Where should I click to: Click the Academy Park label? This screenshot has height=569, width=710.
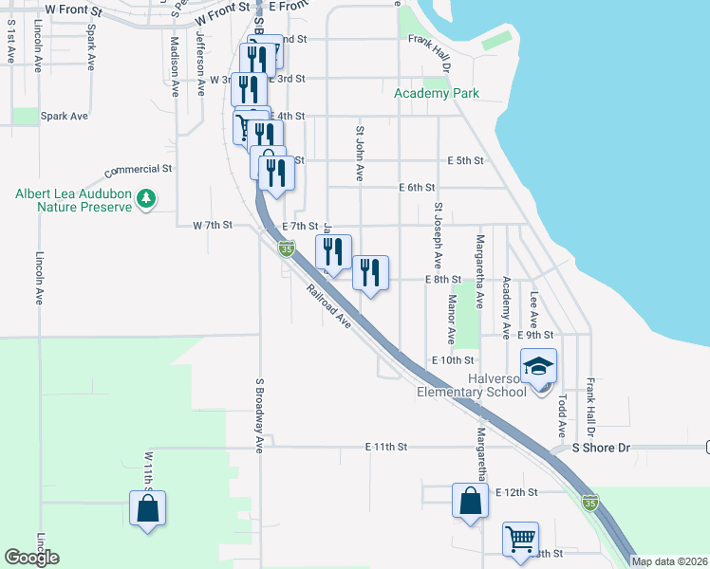click(437, 93)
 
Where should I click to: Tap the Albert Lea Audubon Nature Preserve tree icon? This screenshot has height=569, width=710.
click(145, 199)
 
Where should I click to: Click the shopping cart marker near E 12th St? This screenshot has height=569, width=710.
click(520, 541)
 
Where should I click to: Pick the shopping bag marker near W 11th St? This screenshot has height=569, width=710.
click(148, 508)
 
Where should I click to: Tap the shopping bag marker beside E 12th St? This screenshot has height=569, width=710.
click(470, 502)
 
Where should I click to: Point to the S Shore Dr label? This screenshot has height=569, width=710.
click(594, 447)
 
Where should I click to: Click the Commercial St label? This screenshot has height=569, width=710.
click(138, 171)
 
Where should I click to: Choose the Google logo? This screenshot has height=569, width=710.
click(31, 558)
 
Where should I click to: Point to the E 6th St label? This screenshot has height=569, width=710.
click(417, 188)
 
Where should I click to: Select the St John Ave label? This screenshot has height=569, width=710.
click(360, 154)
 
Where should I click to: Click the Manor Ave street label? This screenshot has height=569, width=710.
click(452, 319)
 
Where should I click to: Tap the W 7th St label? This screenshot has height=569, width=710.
click(213, 226)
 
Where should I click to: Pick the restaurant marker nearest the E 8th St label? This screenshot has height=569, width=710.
click(370, 274)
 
